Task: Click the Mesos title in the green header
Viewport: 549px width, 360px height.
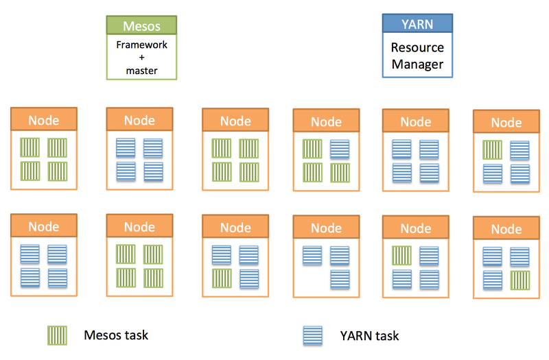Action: coord(141,26)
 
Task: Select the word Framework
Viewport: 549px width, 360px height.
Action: coord(141,45)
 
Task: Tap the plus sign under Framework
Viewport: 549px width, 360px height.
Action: coord(141,58)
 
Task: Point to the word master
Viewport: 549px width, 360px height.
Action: coord(141,71)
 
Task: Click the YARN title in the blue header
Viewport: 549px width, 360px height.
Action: coord(417,25)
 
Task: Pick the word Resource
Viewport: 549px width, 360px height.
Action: coord(417,47)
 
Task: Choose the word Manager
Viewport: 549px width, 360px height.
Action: coord(417,64)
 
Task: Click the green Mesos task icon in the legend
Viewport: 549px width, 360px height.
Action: coord(57,335)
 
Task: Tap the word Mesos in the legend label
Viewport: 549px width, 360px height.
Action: coord(103,335)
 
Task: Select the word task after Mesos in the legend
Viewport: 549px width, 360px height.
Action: coord(137,335)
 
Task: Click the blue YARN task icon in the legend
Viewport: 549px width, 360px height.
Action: coord(313,336)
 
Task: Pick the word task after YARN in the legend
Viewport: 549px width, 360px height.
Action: coord(387,336)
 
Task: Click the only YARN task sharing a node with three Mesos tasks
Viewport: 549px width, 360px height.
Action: coord(340,149)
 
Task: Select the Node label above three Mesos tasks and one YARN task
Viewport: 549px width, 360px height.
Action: coord(327,122)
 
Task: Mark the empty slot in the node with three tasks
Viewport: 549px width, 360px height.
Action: coord(312,279)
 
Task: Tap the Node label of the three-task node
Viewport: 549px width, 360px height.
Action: coord(327,228)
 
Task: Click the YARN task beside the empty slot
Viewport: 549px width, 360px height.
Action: coord(340,279)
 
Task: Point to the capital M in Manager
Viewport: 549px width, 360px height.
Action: coord(397,64)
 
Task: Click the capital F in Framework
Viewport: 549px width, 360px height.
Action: coord(119,45)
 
